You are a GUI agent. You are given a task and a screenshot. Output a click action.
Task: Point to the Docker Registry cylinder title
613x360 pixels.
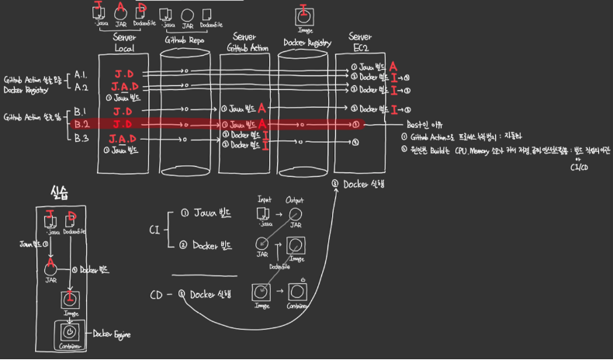(303, 42)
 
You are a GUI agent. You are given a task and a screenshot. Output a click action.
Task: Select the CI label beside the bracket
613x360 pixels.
(154, 229)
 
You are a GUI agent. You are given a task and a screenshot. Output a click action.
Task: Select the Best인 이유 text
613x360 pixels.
(425, 124)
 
